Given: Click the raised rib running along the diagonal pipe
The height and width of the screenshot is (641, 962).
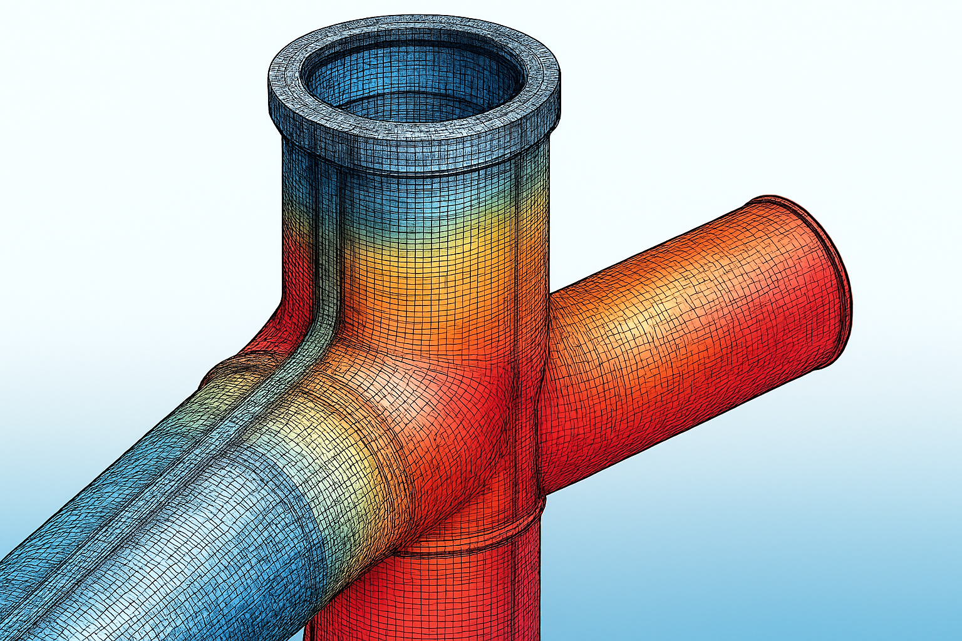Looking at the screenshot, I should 188,451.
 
